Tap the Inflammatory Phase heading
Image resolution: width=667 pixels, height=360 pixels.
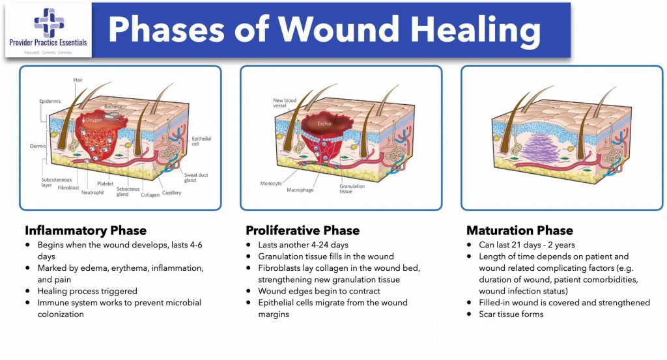(x=85, y=230)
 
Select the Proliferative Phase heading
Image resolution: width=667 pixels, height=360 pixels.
(x=302, y=230)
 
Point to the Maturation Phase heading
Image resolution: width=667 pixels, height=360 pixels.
(x=520, y=230)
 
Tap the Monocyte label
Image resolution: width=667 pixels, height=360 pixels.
(x=271, y=184)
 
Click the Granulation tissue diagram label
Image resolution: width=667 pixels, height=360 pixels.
(x=352, y=189)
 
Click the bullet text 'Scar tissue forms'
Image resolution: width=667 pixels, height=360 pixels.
(x=511, y=314)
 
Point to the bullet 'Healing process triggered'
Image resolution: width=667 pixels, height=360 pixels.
(x=86, y=292)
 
